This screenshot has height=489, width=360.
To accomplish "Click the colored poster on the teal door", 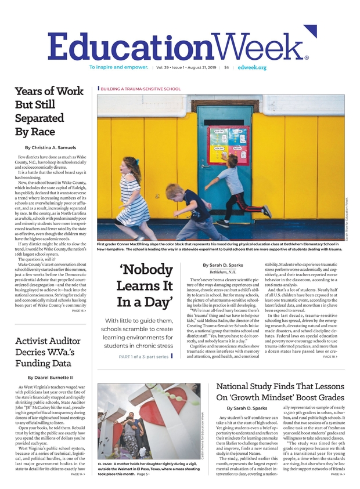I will pyautogui.click(x=225, y=142).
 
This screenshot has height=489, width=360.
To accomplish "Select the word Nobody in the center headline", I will pyautogui.click(x=146, y=271).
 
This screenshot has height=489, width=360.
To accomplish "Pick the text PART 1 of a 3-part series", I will pyautogui.click(x=144, y=356).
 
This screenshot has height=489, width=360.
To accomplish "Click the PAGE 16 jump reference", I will pyautogui.click(x=79, y=311).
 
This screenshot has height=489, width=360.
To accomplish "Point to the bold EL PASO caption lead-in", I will pyautogui.click(x=105, y=465).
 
